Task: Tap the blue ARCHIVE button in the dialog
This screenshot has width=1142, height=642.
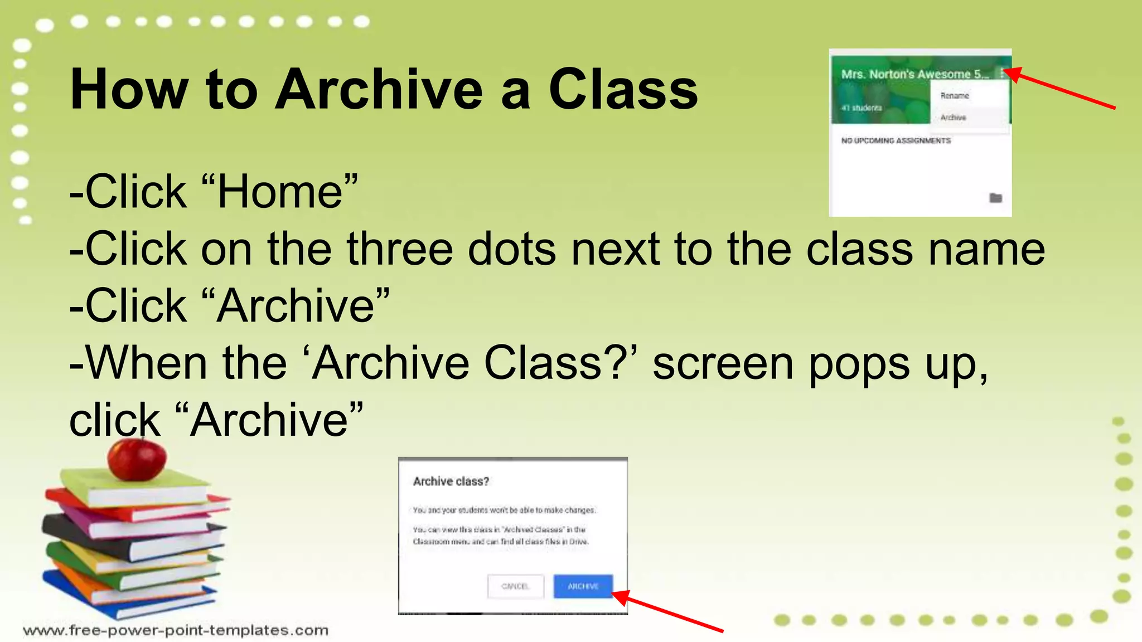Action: [x=583, y=586]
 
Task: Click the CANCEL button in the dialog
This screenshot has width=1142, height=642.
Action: [x=515, y=586]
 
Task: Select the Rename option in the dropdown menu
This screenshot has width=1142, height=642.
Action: [x=955, y=96]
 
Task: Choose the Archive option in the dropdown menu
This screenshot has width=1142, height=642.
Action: [x=954, y=118]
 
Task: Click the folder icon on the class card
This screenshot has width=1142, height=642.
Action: [x=995, y=198]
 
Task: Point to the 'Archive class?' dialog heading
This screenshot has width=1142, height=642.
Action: [x=451, y=481]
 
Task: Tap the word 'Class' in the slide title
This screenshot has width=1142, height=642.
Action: [x=623, y=89]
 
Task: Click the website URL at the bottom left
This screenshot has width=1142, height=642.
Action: [x=176, y=630]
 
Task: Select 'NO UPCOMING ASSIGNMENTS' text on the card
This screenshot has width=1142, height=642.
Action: [x=896, y=141]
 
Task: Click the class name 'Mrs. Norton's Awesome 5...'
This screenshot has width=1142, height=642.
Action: [x=914, y=74]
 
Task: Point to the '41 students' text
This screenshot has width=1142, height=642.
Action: [x=862, y=108]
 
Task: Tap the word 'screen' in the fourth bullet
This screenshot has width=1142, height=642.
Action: [x=723, y=363]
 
